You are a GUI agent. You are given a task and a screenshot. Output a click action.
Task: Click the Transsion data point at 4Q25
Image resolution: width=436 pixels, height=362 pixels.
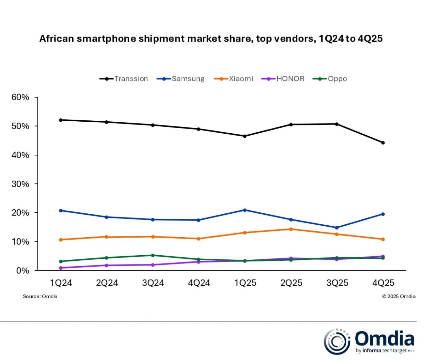point(383,143)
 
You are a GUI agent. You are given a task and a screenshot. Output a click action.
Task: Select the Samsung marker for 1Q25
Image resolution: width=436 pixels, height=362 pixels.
point(245,210)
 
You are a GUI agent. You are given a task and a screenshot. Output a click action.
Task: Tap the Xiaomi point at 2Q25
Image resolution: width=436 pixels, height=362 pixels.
point(291,229)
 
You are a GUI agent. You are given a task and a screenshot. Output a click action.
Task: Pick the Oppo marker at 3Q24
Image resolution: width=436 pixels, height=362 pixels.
point(153,255)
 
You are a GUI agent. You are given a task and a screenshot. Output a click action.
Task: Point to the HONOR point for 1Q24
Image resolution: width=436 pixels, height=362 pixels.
point(61,268)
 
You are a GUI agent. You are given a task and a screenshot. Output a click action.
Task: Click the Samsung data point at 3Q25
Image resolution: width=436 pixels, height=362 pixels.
point(337,228)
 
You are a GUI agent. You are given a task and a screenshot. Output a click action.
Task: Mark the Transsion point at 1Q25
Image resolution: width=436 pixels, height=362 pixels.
point(245,136)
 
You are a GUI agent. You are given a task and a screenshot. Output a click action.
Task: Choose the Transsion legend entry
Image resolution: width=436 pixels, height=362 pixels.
point(124,79)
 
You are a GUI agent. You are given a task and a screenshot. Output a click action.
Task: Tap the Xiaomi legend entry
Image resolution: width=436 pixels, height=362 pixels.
point(234,79)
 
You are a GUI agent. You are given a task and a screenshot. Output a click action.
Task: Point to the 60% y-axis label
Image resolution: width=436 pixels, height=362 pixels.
point(20,97)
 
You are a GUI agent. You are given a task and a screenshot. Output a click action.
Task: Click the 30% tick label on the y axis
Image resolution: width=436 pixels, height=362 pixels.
point(20,184)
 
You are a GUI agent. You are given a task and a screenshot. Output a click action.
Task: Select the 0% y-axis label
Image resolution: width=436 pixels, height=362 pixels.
point(22,271)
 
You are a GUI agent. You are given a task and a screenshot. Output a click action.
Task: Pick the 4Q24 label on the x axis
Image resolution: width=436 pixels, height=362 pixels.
point(199,283)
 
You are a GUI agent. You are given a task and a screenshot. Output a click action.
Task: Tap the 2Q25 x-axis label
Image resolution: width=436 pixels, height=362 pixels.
point(291,283)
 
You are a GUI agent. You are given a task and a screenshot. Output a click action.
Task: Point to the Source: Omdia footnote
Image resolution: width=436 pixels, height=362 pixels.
point(40,297)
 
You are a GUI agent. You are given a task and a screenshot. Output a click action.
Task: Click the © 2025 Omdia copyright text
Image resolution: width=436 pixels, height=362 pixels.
point(399,297)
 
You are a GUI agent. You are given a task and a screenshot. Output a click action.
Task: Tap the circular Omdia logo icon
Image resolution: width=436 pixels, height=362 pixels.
point(337,341)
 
